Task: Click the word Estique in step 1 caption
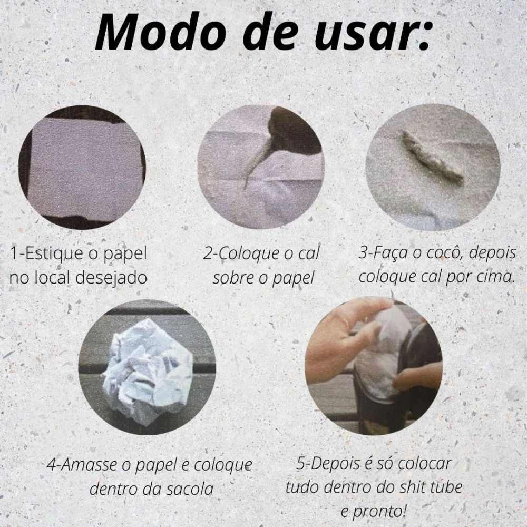pyautogui.click(x=52, y=254)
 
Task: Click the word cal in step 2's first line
pyautogui.click(x=308, y=254)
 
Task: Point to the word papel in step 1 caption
pyautogui.click(x=125, y=255)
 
